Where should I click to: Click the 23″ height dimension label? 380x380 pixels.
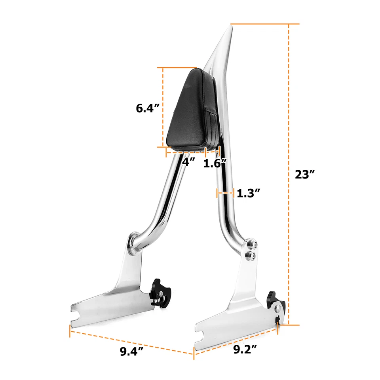(305, 175)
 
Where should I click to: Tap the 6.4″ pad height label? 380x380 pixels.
(148, 108)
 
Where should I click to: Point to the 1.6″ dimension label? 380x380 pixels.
(215, 162)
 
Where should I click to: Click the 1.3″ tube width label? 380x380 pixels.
(248, 193)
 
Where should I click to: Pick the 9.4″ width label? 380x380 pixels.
(132, 351)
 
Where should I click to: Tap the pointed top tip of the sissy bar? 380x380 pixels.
(229, 27)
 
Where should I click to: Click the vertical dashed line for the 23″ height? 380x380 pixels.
(289, 175)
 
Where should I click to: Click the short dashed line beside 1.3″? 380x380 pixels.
(226, 193)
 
